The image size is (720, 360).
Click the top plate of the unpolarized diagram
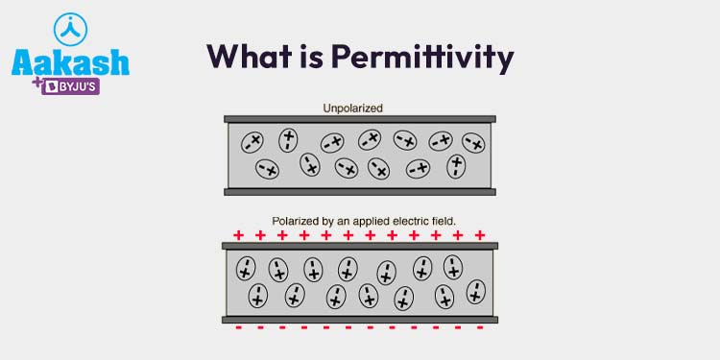pyautogui.click(x=359, y=119)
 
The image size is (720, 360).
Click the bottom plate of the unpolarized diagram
pyautogui.click(x=359, y=192)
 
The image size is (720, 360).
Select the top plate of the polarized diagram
pyautogui.click(x=359, y=246)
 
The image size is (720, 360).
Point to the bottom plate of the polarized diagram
pyautogui.click(x=359, y=319)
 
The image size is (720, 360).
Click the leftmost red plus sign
pyautogui.click(x=238, y=234)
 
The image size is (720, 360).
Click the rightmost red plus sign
pyautogui.click(x=480, y=234)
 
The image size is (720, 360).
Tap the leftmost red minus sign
pyautogui.click(x=238, y=328)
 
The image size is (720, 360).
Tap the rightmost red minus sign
pyautogui.click(x=479, y=328)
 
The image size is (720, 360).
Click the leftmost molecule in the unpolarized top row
pyautogui.click(x=252, y=142)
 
